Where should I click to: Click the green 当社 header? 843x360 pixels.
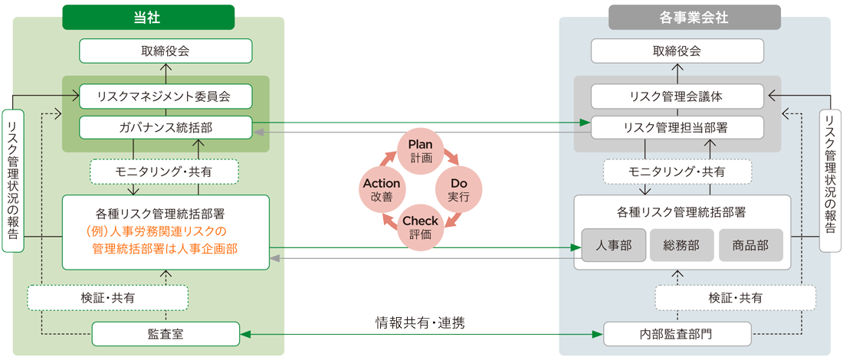pos(149,17)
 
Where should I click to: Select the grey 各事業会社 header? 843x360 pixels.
pos(694,17)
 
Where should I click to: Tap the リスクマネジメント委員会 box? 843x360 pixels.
pos(166,97)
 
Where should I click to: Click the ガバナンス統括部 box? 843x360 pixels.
pos(166,129)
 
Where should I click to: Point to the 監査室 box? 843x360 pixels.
pos(166,334)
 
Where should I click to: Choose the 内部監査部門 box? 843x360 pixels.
pos(677,334)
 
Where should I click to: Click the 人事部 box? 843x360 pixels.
pos(613,246)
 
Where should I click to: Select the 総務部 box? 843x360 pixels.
pos(682,246)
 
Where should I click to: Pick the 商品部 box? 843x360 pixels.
pos(750,246)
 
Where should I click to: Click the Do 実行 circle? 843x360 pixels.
pos(458,190)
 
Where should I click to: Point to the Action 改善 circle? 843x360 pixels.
pos(382,190)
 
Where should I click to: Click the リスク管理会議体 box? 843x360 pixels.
pos(677,97)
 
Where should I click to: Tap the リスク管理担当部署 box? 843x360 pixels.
pos(677,129)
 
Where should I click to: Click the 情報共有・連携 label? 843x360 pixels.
pos(420,323)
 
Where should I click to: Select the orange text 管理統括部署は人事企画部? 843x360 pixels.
pos(165,249)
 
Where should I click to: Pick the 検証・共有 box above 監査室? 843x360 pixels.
pos(107,298)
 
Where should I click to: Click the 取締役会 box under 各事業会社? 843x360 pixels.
pos(677,51)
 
